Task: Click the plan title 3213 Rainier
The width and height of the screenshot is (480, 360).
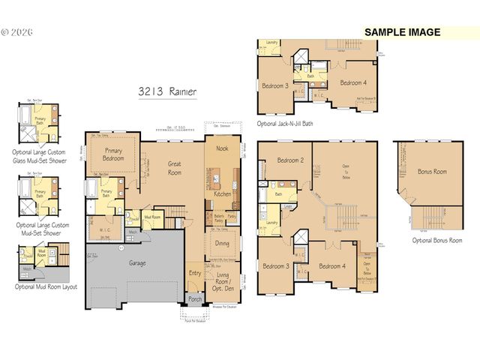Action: pyautogui.click(x=167, y=91)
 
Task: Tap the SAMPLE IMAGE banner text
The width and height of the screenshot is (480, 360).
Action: pyautogui.click(x=402, y=32)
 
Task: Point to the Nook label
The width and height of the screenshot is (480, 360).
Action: pyautogui.click(x=222, y=148)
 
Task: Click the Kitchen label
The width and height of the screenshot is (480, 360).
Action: pyautogui.click(x=223, y=193)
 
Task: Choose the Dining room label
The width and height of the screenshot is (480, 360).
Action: pyautogui.click(x=223, y=243)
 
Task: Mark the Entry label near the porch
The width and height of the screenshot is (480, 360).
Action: pyautogui.click(x=195, y=273)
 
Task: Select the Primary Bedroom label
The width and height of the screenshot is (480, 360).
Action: pyautogui.click(x=112, y=154)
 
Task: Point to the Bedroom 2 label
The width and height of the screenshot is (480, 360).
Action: pyautogui.click(x=289, y=160)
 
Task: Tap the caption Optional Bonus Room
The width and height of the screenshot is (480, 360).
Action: pyautogui.click(x=436, y=240)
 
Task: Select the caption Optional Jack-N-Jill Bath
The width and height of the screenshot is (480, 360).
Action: pyautogui.click(x=285, y=123)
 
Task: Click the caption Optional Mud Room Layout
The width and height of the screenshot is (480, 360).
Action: pyautogui.click(x=45, y=286)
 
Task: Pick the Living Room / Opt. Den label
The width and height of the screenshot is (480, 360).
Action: pyautogui.click(x=223, y=281)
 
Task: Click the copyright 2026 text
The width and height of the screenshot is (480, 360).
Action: pyautogui.click(x=14, y=33)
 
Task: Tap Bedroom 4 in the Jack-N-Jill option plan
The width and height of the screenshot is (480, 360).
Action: pyautogui.click(x=352, y=82)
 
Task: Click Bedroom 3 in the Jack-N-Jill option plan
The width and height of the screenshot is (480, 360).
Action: pyautogui.click(x=274, y=85)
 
